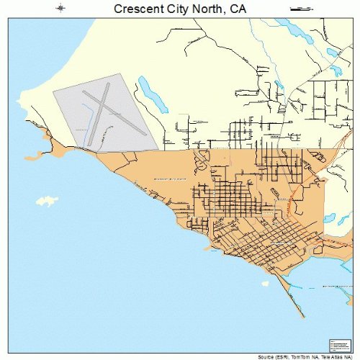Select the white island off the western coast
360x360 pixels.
(x=48, y=199)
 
